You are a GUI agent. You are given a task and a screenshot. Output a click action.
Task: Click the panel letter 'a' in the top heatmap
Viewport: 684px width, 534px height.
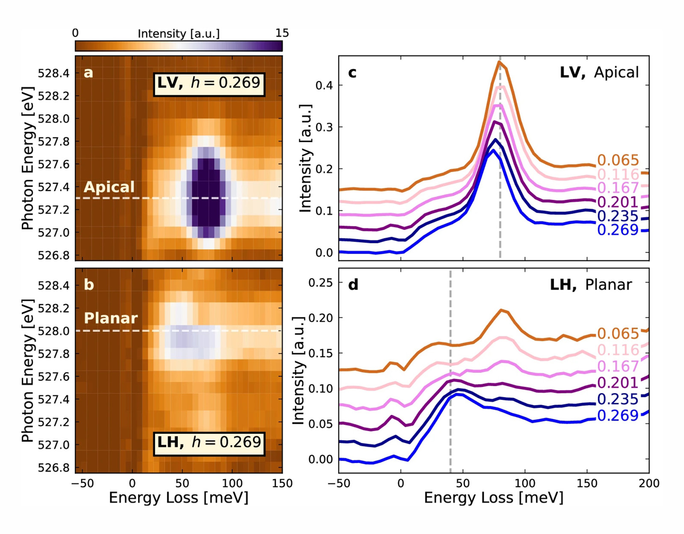(x=88, y=73)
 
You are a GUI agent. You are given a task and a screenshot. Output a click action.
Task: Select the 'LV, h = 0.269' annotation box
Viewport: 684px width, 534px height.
(x=209, y=82)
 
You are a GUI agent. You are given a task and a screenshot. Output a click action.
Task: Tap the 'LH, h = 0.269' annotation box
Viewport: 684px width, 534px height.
(x=209, y=442)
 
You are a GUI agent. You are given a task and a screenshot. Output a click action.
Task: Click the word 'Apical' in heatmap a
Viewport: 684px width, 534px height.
(x=109, y=187)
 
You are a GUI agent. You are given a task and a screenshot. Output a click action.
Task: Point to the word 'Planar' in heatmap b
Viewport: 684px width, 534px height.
(x=111, y=318)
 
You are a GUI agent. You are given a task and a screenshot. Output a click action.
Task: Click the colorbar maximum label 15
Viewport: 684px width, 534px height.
(x=282, y=33)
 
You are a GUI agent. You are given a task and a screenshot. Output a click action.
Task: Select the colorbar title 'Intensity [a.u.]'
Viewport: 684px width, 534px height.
(x=179, y=34)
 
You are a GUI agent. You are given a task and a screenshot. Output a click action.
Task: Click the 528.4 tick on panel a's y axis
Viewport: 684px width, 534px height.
(x=53, y=73)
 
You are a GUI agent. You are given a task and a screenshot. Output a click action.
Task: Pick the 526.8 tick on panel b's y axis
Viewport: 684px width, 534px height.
(x=53, y=468)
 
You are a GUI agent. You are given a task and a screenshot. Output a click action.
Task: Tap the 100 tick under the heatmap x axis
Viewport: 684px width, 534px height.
(x=232, y=484)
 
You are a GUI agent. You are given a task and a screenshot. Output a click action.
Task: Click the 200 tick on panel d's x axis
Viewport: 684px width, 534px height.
(x=649, y=484)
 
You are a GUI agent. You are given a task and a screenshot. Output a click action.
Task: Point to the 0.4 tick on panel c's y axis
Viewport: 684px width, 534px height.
(x=324, y=85)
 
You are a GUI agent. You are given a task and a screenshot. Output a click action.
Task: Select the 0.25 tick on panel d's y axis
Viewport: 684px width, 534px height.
(x=320, y=283)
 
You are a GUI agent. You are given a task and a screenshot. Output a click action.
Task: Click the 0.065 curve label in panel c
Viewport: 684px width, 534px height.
(x=618, y=160)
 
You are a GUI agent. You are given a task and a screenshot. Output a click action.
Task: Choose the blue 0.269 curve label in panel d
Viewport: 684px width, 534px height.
(x=618, y=416)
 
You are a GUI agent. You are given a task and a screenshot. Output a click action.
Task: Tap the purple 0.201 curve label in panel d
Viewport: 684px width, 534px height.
(x=618, y=383)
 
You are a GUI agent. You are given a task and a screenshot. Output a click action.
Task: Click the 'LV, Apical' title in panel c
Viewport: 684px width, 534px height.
(x=599, y=73)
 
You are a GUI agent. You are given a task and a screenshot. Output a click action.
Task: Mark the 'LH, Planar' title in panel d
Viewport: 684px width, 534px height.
(x=591, y=285)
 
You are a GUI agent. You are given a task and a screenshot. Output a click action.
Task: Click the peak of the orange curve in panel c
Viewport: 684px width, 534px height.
(x=499, y=62)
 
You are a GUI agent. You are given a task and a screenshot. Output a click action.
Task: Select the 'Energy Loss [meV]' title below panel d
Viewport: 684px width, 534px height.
(x=493, y=498)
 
